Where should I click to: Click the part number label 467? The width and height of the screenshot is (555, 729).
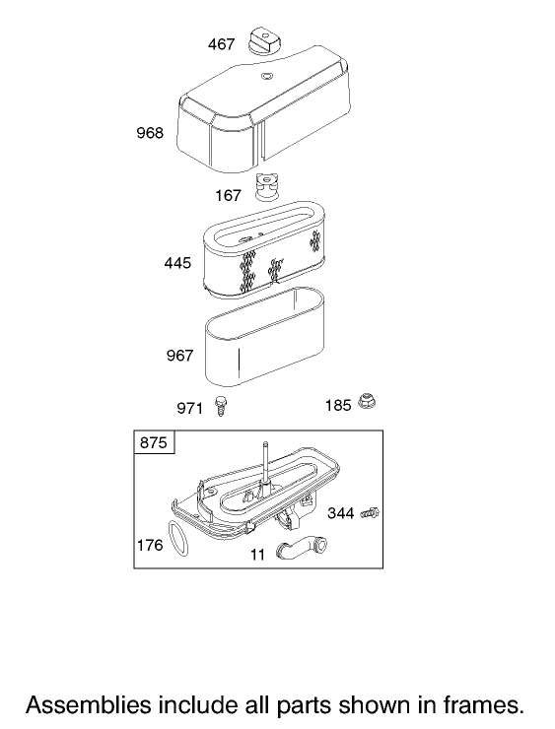[x=221, y=44]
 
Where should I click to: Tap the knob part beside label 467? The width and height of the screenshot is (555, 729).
[x=265, y=41]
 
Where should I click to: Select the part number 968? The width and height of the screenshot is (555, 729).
[x=150, y=133]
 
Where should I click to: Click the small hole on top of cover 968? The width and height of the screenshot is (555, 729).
[x=267, y=76]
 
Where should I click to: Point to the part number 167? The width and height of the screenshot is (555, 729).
[x=228, y=195]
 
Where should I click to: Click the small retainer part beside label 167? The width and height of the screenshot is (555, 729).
[x=267, y=186]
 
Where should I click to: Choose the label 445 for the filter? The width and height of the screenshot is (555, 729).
[x=177, y=264]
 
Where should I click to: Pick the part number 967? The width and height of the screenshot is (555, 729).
[x=180, y=356]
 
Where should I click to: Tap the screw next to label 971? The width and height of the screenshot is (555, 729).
[x=219, y=406]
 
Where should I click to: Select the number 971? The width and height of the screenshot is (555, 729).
[x=190, y=409]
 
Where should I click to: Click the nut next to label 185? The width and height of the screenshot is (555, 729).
[x=367, y=401]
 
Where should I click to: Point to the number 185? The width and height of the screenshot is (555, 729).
[x=338, y=406]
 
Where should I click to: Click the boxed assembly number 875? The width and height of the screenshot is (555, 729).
[x=154, y=442]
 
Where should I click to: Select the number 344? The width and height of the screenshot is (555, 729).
[x=341, y=513]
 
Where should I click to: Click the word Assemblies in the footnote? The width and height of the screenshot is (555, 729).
[x=89, y=705]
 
